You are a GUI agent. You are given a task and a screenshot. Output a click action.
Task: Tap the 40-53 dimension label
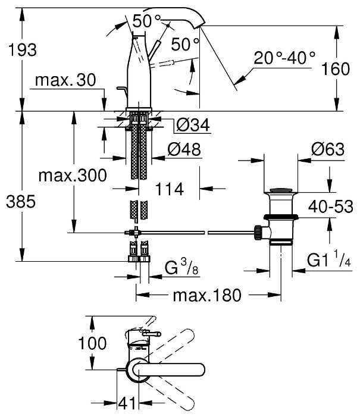pos(331,207)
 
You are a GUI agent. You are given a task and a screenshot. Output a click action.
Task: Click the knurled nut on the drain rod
pos(258,231)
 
